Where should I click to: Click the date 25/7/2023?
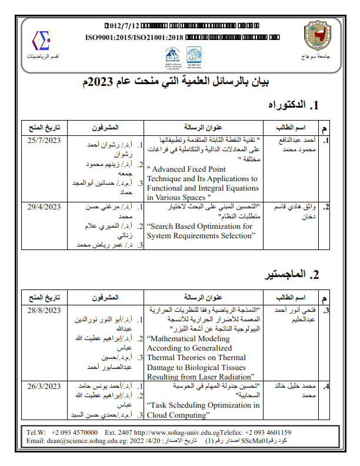(x=45, y=141)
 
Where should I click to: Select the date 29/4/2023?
(x=45, y=207)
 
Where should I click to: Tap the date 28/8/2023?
(x=45, y=309)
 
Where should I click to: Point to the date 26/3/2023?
(x=45, y=386)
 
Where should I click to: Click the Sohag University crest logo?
(x=316, y=36)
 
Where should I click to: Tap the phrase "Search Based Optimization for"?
(x=199, y=226)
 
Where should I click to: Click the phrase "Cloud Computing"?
(x=180, y=415)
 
